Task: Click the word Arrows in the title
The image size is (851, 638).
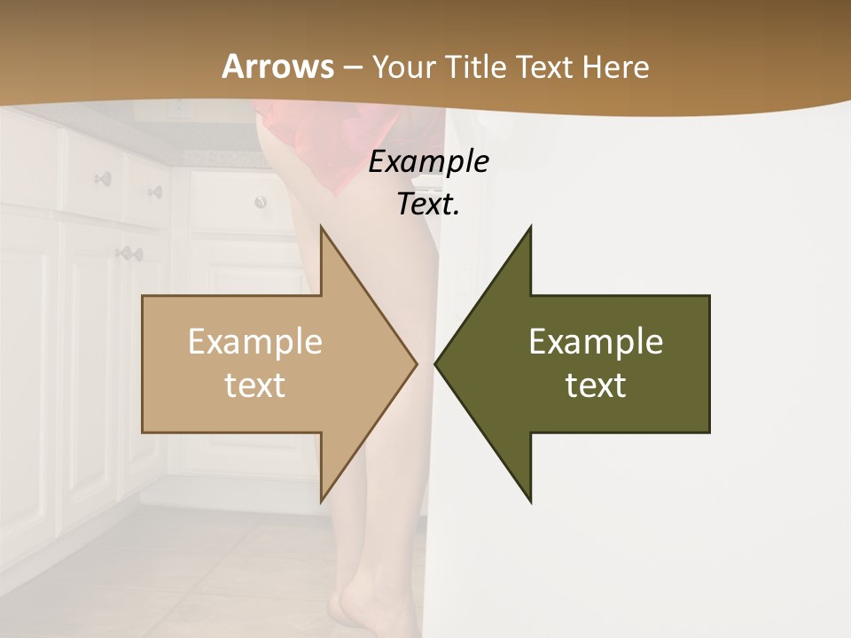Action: [278, 66]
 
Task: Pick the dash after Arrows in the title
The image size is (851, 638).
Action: [352, 68]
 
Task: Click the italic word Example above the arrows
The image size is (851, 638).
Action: [428, 162]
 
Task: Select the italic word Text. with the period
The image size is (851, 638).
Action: [428, 204]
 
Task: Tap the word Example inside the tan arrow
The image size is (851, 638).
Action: [255, 342]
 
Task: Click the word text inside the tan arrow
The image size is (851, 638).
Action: [255, 385]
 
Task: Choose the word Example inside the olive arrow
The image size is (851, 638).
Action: [596, 342]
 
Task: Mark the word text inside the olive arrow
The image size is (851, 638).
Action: [596, 385]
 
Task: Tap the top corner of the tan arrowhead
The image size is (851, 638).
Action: [321, 227]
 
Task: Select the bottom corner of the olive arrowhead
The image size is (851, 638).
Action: [530, 502]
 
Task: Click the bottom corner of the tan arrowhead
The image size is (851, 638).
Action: [321, 502]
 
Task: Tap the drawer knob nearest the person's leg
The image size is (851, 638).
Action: [261, 202]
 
